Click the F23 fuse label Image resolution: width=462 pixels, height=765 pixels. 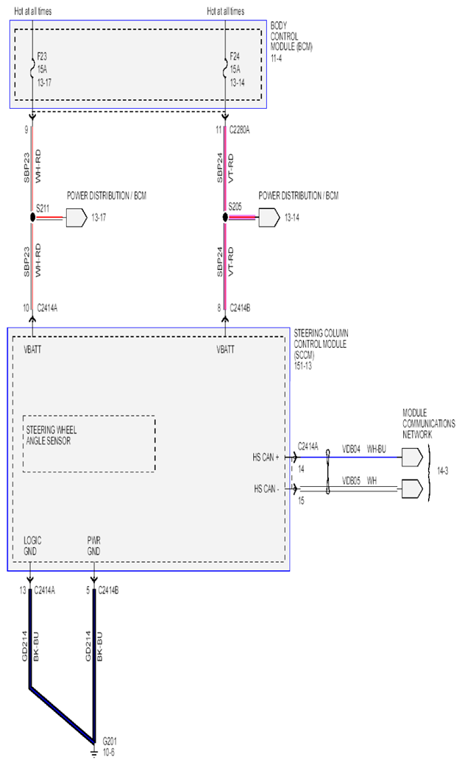42,57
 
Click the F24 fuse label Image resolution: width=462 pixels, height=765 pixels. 235,57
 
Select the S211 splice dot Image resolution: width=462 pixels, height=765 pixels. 32,218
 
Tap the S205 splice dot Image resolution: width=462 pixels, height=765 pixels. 225,217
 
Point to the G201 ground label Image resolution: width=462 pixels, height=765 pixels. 110,740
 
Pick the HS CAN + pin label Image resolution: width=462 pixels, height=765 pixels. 266,458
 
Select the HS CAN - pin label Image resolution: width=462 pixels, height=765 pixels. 266,488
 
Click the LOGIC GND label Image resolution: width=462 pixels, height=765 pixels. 32,546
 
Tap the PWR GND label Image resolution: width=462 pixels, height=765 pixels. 93,546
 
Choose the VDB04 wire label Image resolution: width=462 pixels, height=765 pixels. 351,449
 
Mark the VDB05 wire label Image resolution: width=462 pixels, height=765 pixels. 351,481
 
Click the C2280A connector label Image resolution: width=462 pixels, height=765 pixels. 240,130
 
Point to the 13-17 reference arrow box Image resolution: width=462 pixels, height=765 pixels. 77,218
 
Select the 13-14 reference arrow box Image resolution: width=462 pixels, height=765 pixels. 269,218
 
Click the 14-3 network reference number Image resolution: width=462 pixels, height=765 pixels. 442,472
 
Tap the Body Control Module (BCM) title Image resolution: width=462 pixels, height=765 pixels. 291,41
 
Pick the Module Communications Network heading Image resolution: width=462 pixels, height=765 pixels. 429,424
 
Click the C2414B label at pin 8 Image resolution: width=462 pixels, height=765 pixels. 240,308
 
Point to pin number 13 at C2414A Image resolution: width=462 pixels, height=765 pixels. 23,591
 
